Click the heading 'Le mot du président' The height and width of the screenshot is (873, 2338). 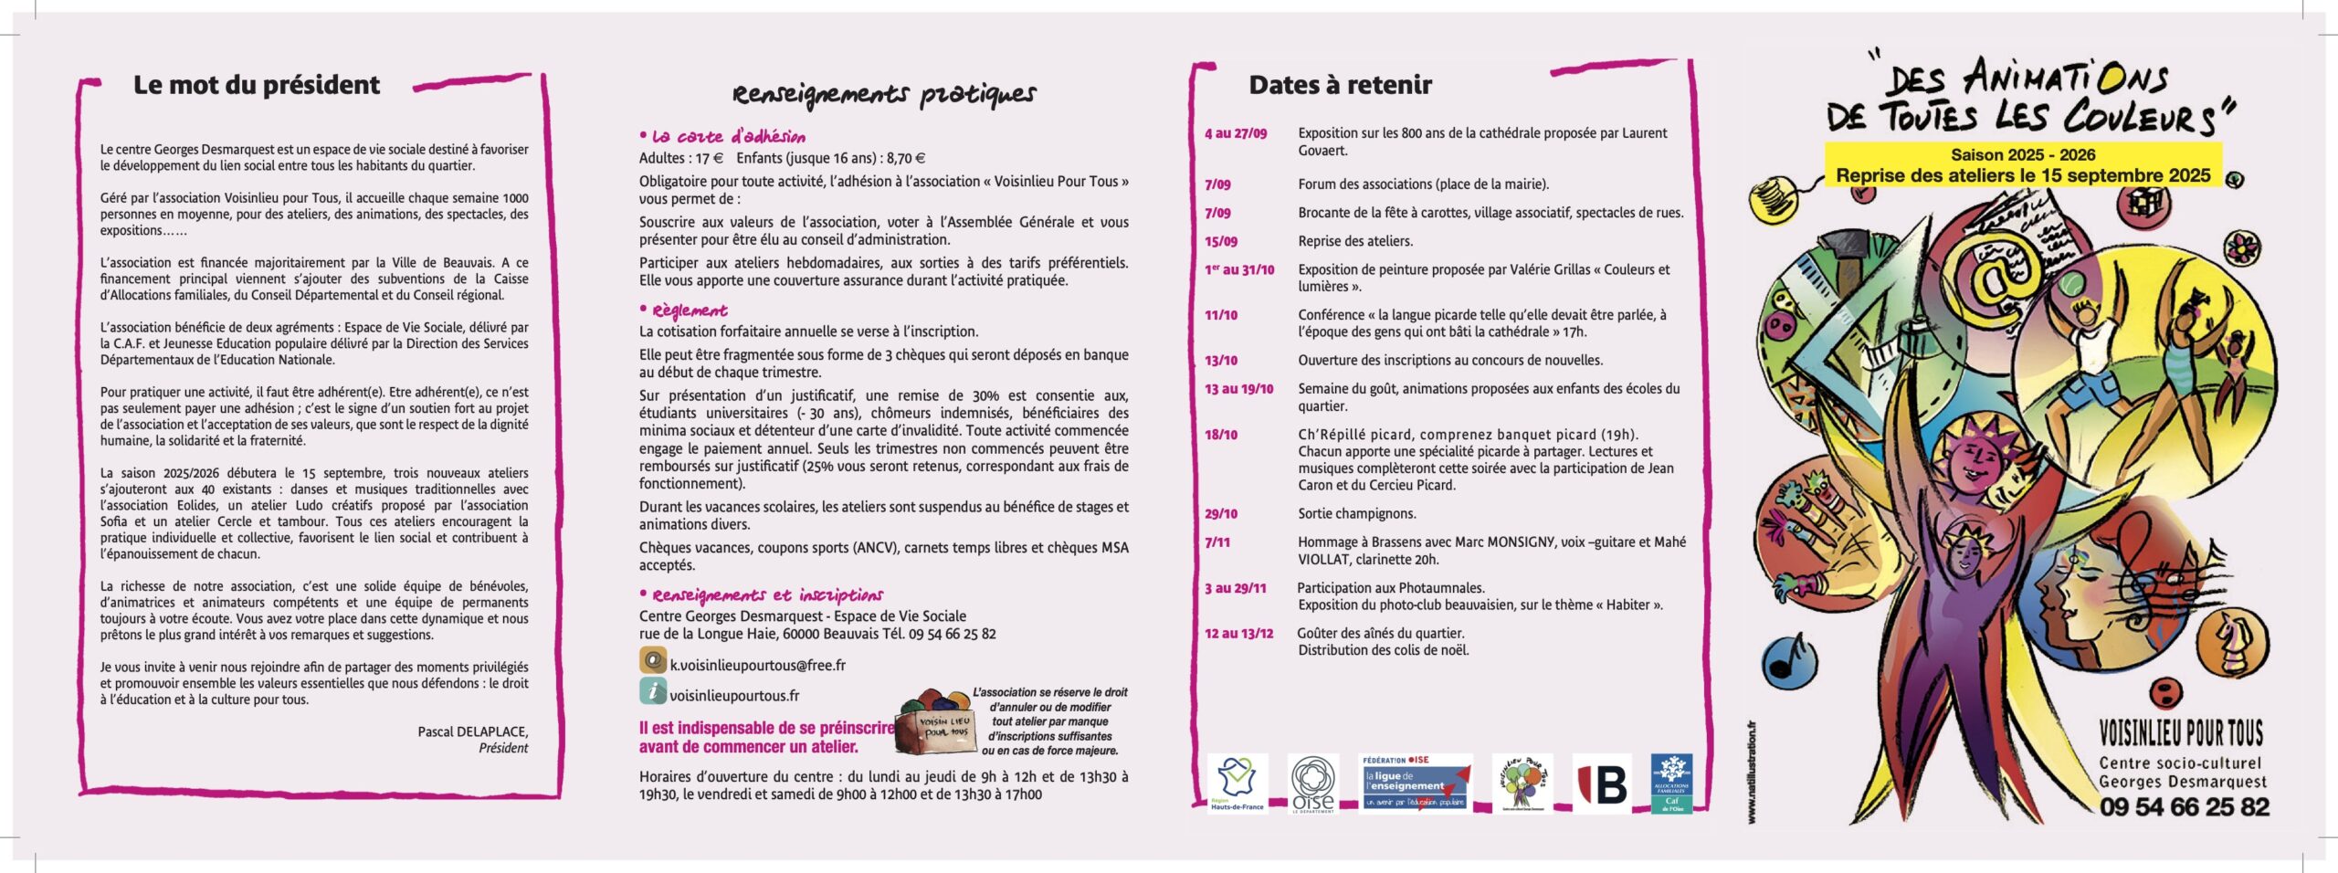coord(256,85)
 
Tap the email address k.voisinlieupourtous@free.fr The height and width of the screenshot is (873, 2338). coord(757,665)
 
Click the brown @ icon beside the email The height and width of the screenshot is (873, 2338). coord(652,660)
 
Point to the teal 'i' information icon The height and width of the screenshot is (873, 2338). coord(652,691)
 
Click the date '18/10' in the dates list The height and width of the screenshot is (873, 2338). coord(1221,435)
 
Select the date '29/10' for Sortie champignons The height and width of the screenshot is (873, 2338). coord(1221,514)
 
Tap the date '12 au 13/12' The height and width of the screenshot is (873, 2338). coord(1238,634)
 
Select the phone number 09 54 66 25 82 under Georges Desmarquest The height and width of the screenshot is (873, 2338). coord(2184,807)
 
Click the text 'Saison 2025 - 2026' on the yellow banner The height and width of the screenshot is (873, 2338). coord(2023,154)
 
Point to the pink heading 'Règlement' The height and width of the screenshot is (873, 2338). coord(690,310)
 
